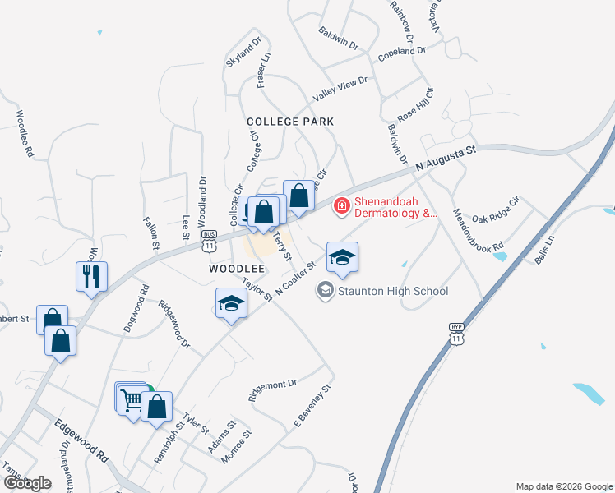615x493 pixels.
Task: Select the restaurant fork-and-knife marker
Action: click(x=91, y=276)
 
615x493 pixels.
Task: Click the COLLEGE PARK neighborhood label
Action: click(x=291, y=122)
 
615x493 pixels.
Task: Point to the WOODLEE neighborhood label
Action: click(x=236, y=269)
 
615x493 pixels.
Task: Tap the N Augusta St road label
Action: click(x=446, y=155)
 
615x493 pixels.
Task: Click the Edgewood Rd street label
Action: click(x=81, y=440)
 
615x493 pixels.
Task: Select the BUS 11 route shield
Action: click(x=209, y=241)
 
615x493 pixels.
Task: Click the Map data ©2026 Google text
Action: click(x=564, y=486)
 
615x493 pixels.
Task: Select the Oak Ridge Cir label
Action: click(x=497, y=210)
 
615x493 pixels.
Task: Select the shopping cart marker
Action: click(x=130, y=400)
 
